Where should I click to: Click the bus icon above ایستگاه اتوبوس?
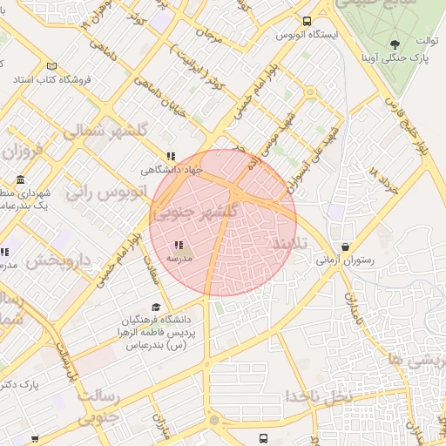[x=307, y=22]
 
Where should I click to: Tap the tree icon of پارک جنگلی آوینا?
[x=395, y=44]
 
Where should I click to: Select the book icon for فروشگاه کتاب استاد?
[x=51, y=67]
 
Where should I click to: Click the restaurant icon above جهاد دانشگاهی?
[x=171, y=156]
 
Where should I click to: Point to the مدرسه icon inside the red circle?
[x=179, y=246]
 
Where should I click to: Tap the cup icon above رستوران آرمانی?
[x=348, y=247]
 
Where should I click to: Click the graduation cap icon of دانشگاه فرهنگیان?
[x=156, y=307]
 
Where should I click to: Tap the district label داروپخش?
[x=57, y=260]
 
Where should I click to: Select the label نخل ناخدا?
[x=318, y=396]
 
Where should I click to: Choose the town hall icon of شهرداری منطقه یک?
[x=20, y=180]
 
